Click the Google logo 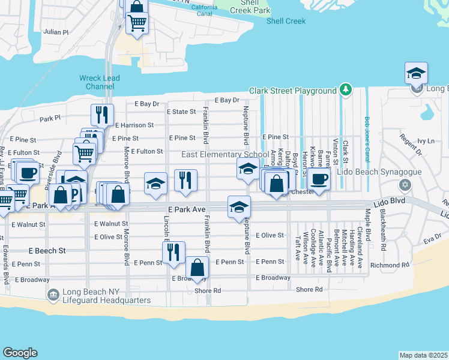20,353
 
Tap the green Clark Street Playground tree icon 345,91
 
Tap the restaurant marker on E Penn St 173,252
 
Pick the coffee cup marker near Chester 319,178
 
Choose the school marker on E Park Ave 239,208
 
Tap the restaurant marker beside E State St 102,115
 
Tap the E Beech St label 47,250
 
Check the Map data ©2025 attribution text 423,355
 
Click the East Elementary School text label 225,155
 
